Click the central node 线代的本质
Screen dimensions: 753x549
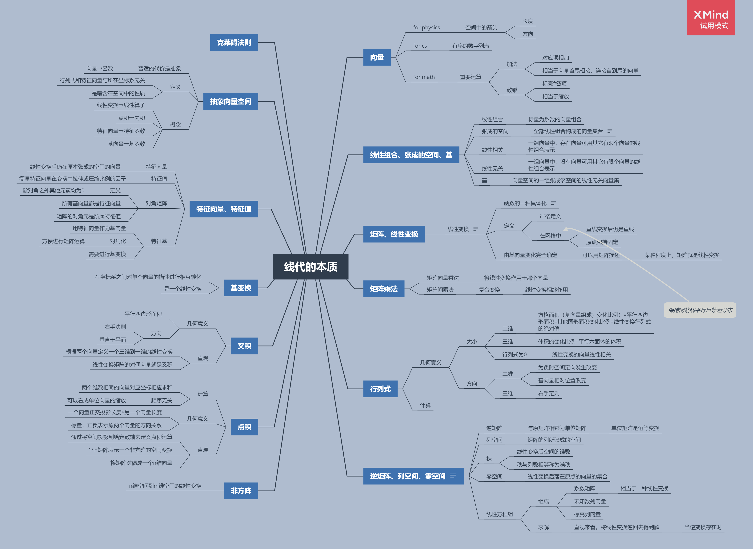(x=310, y=267)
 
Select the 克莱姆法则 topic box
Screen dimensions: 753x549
(x=234, y=42)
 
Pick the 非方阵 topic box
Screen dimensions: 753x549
(x=241, y=491)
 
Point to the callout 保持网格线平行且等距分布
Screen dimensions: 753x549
(x=700, y=310)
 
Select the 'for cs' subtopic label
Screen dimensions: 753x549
(x=420, y=46)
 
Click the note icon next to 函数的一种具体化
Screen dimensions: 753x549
(x=553, y=203)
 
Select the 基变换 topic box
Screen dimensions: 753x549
(x=241, y=288)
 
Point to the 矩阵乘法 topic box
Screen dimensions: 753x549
(x=384, y=289)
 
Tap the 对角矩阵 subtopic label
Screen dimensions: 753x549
(x=156, y=203)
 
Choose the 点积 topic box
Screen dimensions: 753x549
(x=244, y=427)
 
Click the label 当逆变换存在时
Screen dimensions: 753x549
(x=703, y=527)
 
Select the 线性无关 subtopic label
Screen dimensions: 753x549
(x=492, y=168)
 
